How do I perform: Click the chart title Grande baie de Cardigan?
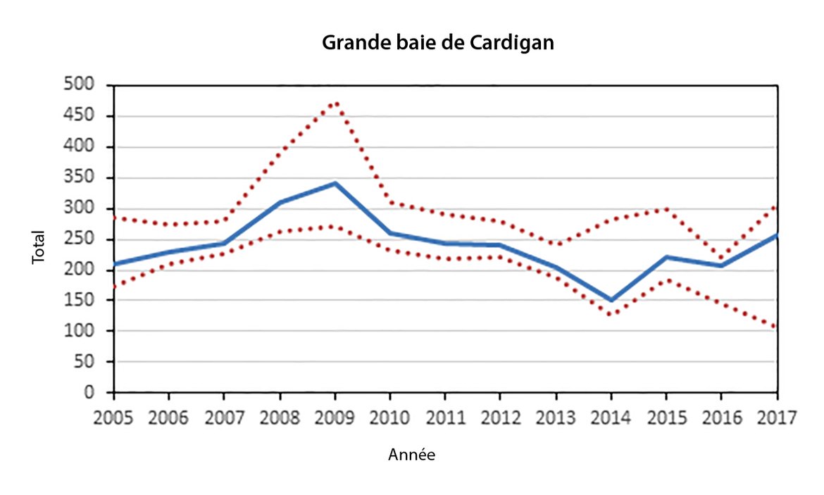point(437,43)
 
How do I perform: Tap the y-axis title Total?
point(38,248)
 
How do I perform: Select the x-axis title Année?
point(411,456)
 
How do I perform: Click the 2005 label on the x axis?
point(114,417)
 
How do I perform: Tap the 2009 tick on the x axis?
point(335,417)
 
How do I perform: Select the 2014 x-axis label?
point(611,417)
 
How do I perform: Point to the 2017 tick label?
point(777,417)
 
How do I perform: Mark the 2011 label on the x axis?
point(446,417)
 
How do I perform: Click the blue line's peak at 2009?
point(335,183)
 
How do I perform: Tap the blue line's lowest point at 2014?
point(611,300)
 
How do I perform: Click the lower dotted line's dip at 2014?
point(611,314)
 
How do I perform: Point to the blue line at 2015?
point(667,257)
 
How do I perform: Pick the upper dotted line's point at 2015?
point(667,208)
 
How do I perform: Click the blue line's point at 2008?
point(280,202)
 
